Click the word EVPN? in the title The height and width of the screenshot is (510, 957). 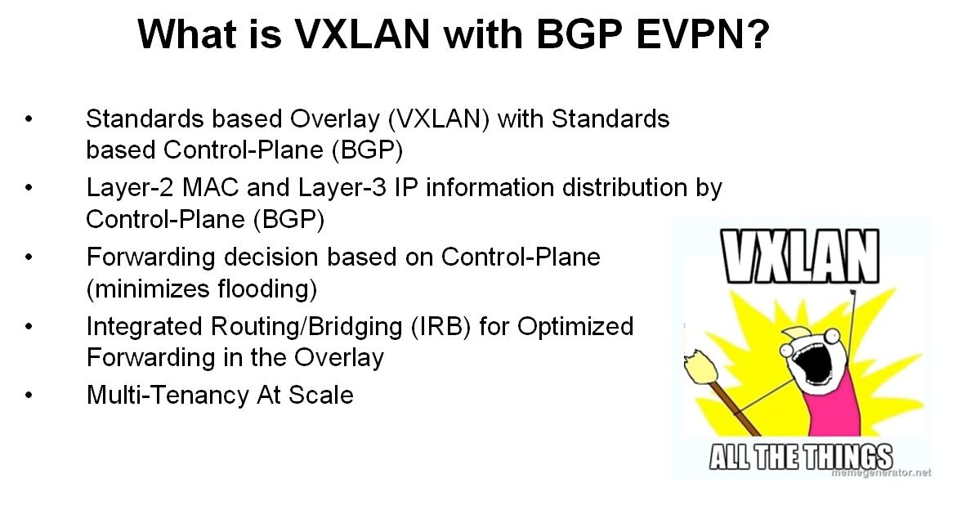703,34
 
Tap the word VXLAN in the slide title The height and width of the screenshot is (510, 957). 363,34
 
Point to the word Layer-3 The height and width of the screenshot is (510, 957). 342,188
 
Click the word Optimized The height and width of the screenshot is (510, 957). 575,327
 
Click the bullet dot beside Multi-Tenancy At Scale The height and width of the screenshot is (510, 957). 29,396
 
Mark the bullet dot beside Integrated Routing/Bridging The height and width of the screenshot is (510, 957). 29,327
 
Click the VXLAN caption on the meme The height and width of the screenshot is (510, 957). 801,257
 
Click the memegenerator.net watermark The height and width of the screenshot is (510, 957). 881,472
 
